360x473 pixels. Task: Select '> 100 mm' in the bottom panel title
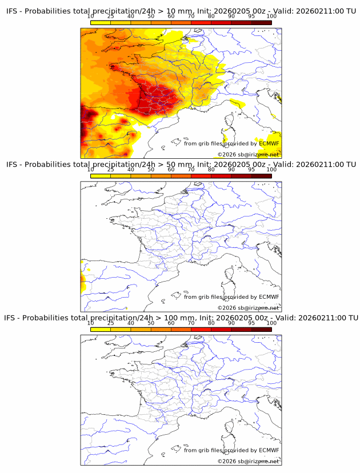pos(175,318)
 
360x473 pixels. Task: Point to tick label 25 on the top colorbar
pos(110,17)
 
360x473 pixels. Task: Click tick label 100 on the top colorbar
pos(271,17)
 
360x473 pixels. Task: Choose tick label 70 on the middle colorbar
pos(191,170)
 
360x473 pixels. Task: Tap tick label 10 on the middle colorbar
pos(90,170)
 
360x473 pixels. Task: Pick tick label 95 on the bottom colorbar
pos(251,323)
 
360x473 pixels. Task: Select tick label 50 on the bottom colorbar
pos(150,323)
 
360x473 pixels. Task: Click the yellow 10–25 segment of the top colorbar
pos(100,23)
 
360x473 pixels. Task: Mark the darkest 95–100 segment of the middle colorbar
pos(261,176)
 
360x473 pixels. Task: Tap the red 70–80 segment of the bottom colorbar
pos(201,329)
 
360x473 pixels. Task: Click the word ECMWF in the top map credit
pos(269,143)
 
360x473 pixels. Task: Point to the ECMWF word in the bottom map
pos(269,450)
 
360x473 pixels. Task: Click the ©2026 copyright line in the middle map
pos(248,308)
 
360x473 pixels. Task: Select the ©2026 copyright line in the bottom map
pos(248,461)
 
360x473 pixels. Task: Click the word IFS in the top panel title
pos(13,11)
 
